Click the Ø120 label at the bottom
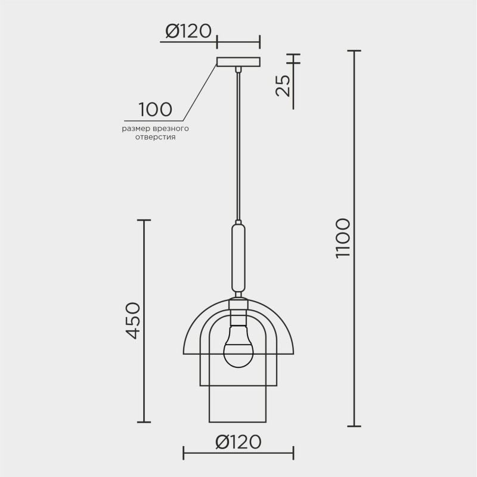[x=238, y=442]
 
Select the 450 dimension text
[x=132, y=320]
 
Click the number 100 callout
[x=155, y=110]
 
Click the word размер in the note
[x=137, y=128]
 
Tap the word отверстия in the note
[x=156, y=137]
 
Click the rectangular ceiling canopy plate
[x=238, y=62]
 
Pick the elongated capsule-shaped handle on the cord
[x=238, y=256]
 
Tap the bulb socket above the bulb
[x=238, y=310]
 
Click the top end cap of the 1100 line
[x=355, y=52]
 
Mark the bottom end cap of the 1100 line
[x=355, y=426]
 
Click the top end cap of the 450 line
[x=145, y=220]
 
